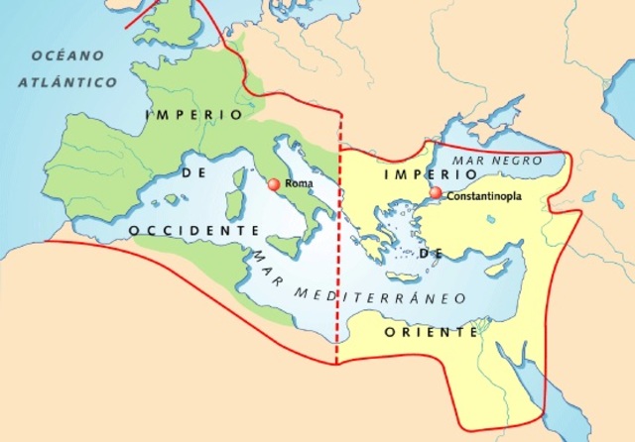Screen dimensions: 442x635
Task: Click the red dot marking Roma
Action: (x=274, y=183)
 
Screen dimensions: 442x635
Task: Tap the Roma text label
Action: (x=299, y=184)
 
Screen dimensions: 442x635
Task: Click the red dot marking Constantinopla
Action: (x=435, y=193)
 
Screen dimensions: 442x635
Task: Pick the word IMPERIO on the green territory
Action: (x=193, y=115)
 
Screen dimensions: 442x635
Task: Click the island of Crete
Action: (x=405, y=276)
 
